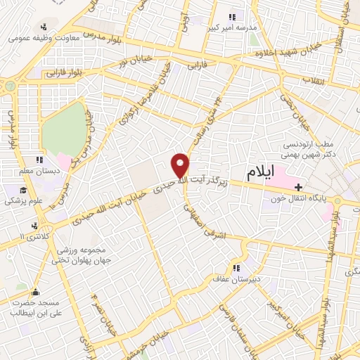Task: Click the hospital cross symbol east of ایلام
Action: click(x=299, y=187)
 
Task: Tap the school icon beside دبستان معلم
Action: click(x=40, y=160)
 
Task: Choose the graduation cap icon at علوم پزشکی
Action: click(x=22, y=191)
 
